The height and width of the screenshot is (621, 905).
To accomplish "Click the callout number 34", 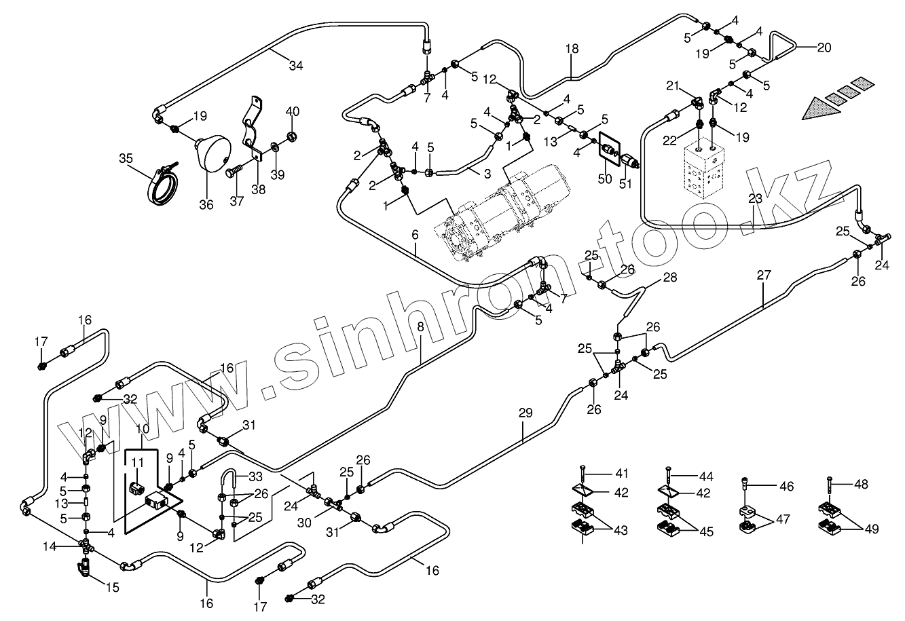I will [x=295, y=66].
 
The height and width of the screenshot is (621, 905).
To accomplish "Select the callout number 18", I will [x=572, y=48].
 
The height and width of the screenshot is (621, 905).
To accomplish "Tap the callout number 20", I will [x=824, y=48].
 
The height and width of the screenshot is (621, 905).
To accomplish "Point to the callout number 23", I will [x=756, y=199].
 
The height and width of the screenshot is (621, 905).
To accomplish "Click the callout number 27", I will [x=764, y=276].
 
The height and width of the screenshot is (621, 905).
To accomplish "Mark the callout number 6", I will [x=415, y=234].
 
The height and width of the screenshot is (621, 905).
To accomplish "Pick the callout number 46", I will [x=786, y=487].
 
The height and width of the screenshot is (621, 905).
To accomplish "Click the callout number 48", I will [x=861, y=485].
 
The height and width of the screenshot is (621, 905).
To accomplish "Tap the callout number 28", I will [x=670, y=277].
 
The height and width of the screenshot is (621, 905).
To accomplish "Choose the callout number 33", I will [x=255, y=476].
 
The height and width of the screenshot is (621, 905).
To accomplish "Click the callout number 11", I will [x=138, y=463].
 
